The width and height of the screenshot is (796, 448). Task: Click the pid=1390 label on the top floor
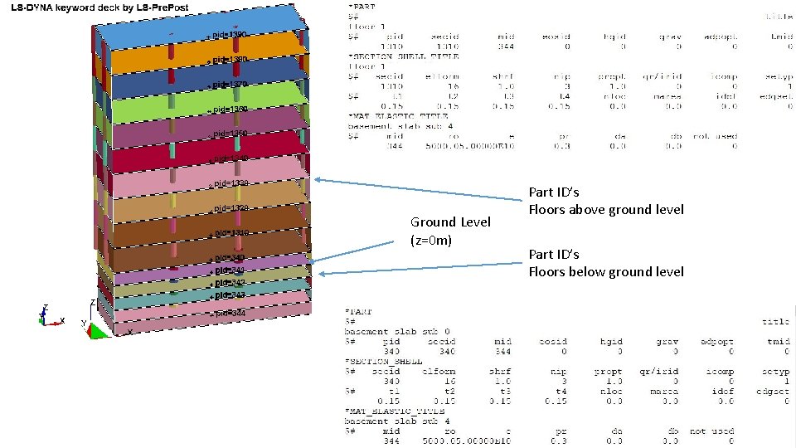230,34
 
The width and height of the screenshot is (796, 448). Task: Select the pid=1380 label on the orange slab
230,60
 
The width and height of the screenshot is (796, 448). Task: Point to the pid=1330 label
230,183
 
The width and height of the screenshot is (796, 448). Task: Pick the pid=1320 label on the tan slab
230,208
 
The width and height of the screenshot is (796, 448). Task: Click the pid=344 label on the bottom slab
230,314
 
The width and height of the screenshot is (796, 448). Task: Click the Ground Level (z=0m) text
451,231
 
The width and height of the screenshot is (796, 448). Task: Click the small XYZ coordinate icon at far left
50,314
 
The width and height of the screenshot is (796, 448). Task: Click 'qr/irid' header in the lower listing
660,371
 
